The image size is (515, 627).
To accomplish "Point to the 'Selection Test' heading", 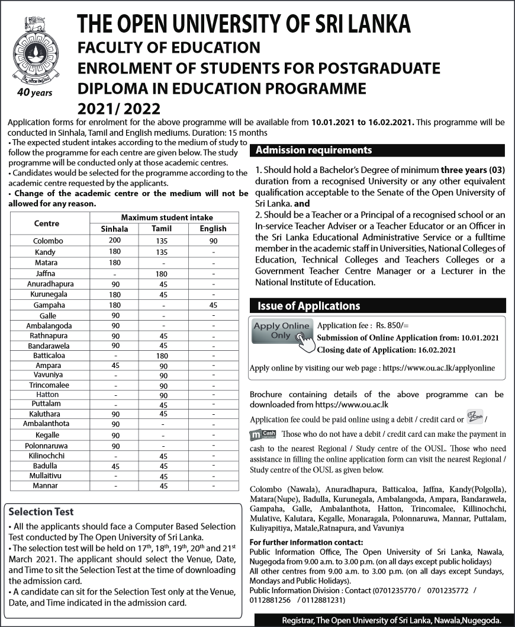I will (x=41, y=511).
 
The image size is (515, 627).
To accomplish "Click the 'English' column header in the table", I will (x=213, y=229).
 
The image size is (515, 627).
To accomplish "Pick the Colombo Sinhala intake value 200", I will (x=115, y=241).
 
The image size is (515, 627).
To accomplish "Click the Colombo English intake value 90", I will (x=213, y=241).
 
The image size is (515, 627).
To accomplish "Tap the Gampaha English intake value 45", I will (x=213, y=305).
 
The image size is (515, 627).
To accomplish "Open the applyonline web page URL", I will (x=439, y=368).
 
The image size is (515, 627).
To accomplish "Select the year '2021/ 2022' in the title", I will (x=119, y=109).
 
